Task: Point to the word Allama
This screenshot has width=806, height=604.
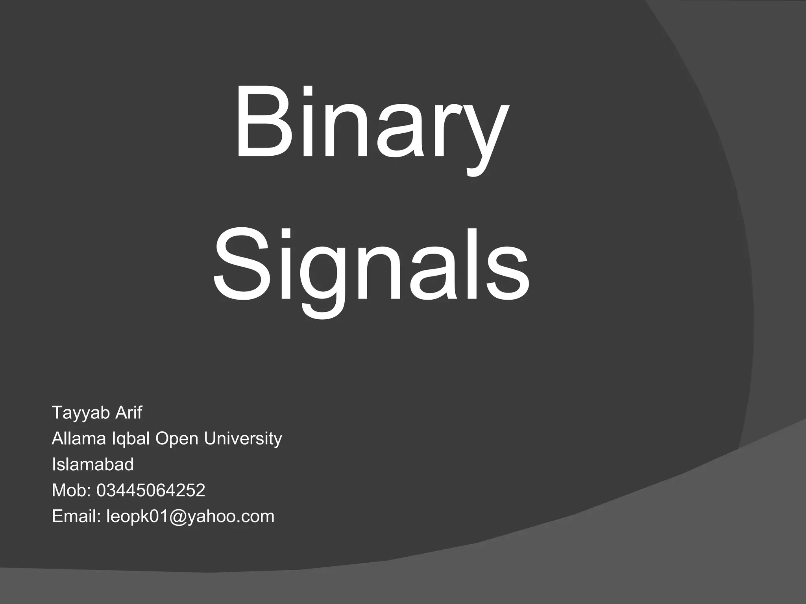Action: point(79,438)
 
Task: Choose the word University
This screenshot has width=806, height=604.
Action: point(243,439)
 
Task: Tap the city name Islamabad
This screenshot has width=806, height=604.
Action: point(92,464)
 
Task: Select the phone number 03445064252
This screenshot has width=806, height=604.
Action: point(151,490)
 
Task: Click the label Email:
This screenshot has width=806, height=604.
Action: point(77,516)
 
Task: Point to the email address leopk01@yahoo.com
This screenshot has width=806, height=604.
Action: point(190,517)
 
